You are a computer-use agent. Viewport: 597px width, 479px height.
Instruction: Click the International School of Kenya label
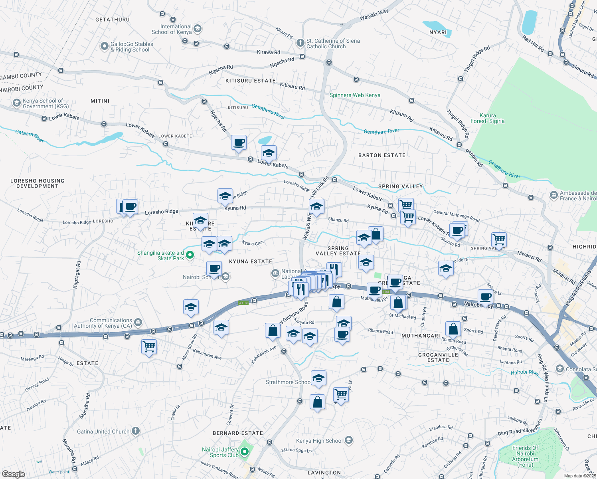[172, 30]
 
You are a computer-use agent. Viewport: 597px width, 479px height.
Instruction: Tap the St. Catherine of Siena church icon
[300, 43]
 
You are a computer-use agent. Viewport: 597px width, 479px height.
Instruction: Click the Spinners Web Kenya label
[355, 95]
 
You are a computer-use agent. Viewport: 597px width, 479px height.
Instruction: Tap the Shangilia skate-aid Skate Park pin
[190, 255]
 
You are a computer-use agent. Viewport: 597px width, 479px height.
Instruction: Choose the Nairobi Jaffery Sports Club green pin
[245, 452]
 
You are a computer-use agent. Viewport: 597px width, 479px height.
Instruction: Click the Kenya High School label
[319, 441]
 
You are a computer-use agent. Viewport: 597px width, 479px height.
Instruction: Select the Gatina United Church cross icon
[136, 431]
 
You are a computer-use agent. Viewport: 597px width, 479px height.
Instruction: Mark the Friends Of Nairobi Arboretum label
[525, 456]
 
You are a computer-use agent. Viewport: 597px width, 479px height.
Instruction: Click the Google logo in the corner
[13, 474]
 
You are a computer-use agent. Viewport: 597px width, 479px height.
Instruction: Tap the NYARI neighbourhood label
[438, 33]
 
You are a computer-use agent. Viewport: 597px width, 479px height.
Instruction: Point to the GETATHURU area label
[113, 20]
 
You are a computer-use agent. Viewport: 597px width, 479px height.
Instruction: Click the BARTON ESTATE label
[382, 155]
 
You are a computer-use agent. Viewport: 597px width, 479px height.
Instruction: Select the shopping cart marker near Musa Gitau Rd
[149, 346]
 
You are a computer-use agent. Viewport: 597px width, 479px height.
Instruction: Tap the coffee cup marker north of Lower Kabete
[239, 142]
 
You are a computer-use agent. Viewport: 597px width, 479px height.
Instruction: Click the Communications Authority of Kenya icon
[138, 322]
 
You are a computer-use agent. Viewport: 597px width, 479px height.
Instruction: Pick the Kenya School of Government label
[45, 104]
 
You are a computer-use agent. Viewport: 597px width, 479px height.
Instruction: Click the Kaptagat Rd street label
[76, 275]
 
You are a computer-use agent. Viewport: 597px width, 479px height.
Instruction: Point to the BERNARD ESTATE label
[237, 433]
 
